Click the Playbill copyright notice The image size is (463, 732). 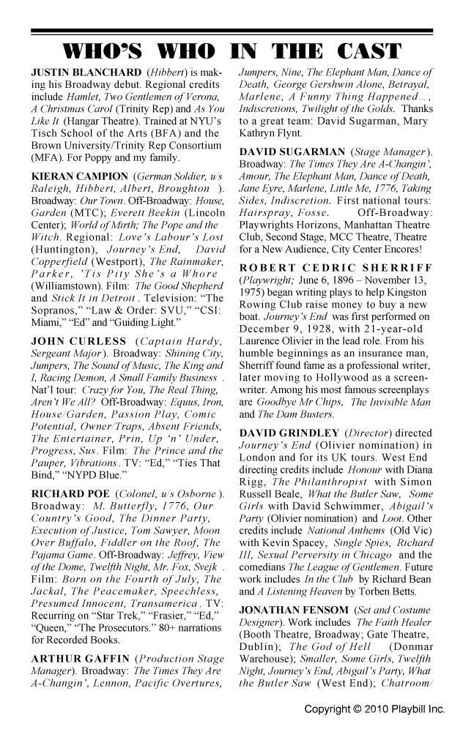click(374, 710)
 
